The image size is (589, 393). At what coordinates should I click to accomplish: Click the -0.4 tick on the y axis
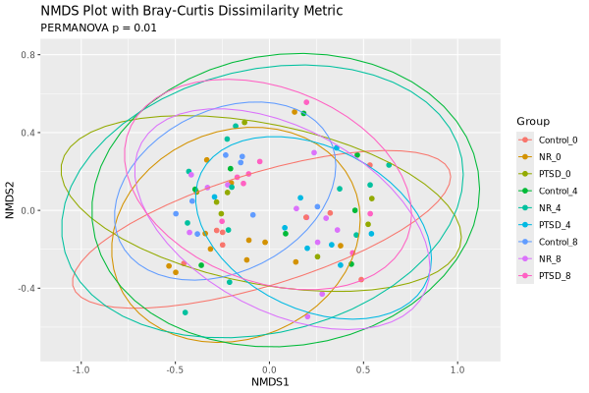tap(26, 288)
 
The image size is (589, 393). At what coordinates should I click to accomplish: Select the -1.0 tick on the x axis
tap(80, 369)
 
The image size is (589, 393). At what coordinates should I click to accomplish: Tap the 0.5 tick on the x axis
tap(363, 369)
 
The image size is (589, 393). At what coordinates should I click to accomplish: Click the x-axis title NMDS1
tap(270, 382)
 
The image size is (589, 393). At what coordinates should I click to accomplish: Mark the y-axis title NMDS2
tap(10, 210)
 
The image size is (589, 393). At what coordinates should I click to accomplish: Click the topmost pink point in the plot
tap(306, 102)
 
